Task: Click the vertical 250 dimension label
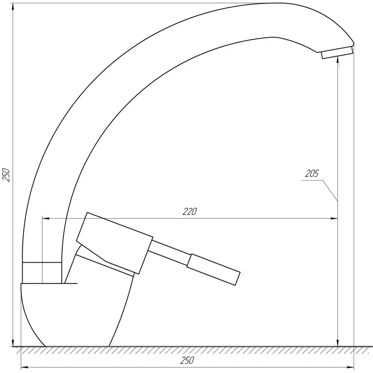point(6,175)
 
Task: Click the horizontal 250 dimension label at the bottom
point(187,360)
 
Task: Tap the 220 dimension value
point(189,211)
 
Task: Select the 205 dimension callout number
point(311,173)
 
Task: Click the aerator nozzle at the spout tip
point(337,52)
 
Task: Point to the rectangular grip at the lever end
point(213,270)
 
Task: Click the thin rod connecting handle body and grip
point(170,253)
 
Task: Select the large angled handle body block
point(115,243)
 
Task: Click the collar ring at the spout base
point(42,273)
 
